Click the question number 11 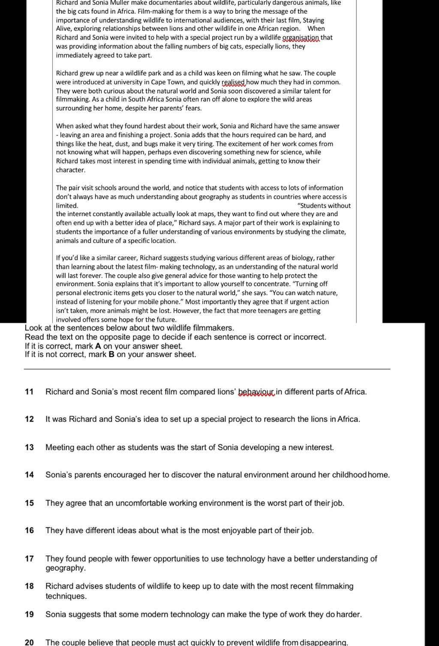[x=29, y=391]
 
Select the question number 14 [x=29, y=475]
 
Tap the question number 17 [x=29, y=558]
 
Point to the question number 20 [x=29, y=642]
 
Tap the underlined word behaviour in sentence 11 [x=256, y=391]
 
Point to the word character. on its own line [x=71, y=170]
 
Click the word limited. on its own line [x=67, y=206]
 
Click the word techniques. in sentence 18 [x=66, y=596]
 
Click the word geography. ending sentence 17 [x=66, y=568]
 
